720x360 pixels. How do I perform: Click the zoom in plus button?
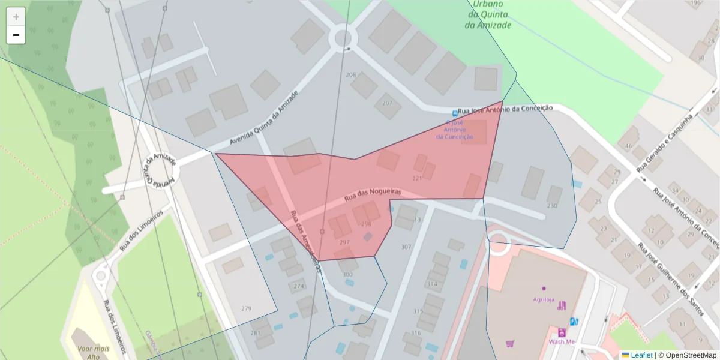point(16,17)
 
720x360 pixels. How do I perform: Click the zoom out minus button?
point(16,35)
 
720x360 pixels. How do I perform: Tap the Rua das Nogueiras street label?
point(372,194)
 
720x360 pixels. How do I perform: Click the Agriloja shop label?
point(544,299)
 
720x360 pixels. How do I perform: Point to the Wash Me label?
point(562,342)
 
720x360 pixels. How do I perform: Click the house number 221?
point(418,178)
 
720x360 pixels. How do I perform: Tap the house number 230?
point(552,206)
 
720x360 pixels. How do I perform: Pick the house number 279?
point(246,308)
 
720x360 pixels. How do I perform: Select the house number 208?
point(351,75)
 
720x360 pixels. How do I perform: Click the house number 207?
point(387,103)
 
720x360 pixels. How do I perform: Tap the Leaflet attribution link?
point(641,355)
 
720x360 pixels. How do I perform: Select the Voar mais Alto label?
point(93,353)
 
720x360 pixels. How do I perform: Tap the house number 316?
point(416,333)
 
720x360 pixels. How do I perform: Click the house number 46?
point(628,146)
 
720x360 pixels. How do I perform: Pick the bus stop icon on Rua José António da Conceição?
point(455,113)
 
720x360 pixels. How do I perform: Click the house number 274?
point(299,286)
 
